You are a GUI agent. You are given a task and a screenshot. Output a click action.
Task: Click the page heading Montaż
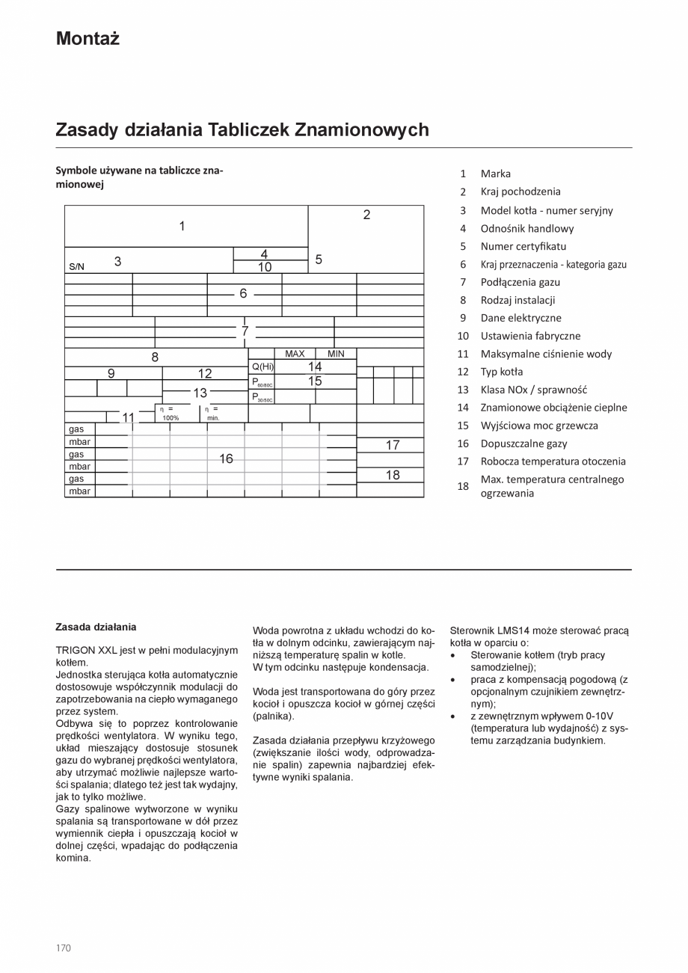[87, 39]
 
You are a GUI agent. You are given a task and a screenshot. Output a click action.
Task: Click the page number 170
[64, 948]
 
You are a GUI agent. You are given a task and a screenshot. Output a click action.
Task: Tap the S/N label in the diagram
[77, 266]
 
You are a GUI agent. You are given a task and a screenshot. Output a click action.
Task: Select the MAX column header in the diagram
[295, 354]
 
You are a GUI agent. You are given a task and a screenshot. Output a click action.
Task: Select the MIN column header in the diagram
[336, 354]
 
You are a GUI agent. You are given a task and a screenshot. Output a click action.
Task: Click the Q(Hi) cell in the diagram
[262, 366]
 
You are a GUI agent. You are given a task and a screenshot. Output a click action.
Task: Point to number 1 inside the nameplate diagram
[182, 226]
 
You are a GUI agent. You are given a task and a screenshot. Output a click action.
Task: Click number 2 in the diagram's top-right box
[366, 215]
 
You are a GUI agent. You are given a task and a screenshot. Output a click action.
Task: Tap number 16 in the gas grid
[226, 458]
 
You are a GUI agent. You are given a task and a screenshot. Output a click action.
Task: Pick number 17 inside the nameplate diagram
[393, 445]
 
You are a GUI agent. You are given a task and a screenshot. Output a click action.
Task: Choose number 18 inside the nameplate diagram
[393, 475]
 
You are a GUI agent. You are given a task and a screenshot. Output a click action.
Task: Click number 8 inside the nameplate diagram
[155, 357]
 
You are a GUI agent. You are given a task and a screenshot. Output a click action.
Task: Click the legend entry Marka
[495, 174]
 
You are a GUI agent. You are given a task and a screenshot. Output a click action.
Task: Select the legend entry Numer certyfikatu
[523, 246]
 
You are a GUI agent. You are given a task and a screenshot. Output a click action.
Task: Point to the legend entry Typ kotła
[501, 372]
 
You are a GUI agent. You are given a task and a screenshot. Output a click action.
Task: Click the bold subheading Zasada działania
[96, 627]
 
